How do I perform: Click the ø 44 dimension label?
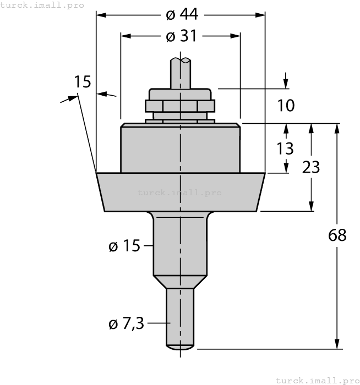[181, 14]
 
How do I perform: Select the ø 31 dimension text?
[181, 36]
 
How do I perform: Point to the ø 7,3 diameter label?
[126, 324]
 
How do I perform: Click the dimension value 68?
[336, 235]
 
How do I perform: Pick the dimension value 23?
[312, 167]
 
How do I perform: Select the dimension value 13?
[286, 148]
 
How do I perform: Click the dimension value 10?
[286, 105]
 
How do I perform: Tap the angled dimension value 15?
[83, 82]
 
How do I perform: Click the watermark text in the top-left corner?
[42, 5]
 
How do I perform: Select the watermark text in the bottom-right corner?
[317, 380]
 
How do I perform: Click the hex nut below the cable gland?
[180, 106]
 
